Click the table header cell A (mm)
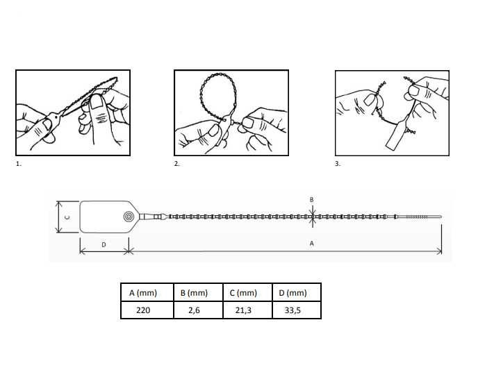(x=143, y=293)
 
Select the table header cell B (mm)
(x=194, y=293)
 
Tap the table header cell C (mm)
(x=243, y=293)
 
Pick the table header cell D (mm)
(x=293, y=293)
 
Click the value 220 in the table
(x=143, y=310)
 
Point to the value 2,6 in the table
(x=194, y=310)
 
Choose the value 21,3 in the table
(x=243, y=310)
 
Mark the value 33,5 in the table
(x=293, y=310)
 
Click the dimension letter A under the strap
(x=311, y=244)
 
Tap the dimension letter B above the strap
(x=311, y=199)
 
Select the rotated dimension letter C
(x=67, y=217)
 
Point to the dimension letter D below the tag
(x=104, y=244)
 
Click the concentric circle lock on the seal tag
(x=129, y=217)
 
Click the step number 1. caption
(x=19, y=164)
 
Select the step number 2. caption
(x=176, y=164)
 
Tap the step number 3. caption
(x=338, y=164)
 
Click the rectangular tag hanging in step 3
(x=396, y=135)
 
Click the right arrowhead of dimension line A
(x=439, y=251)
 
